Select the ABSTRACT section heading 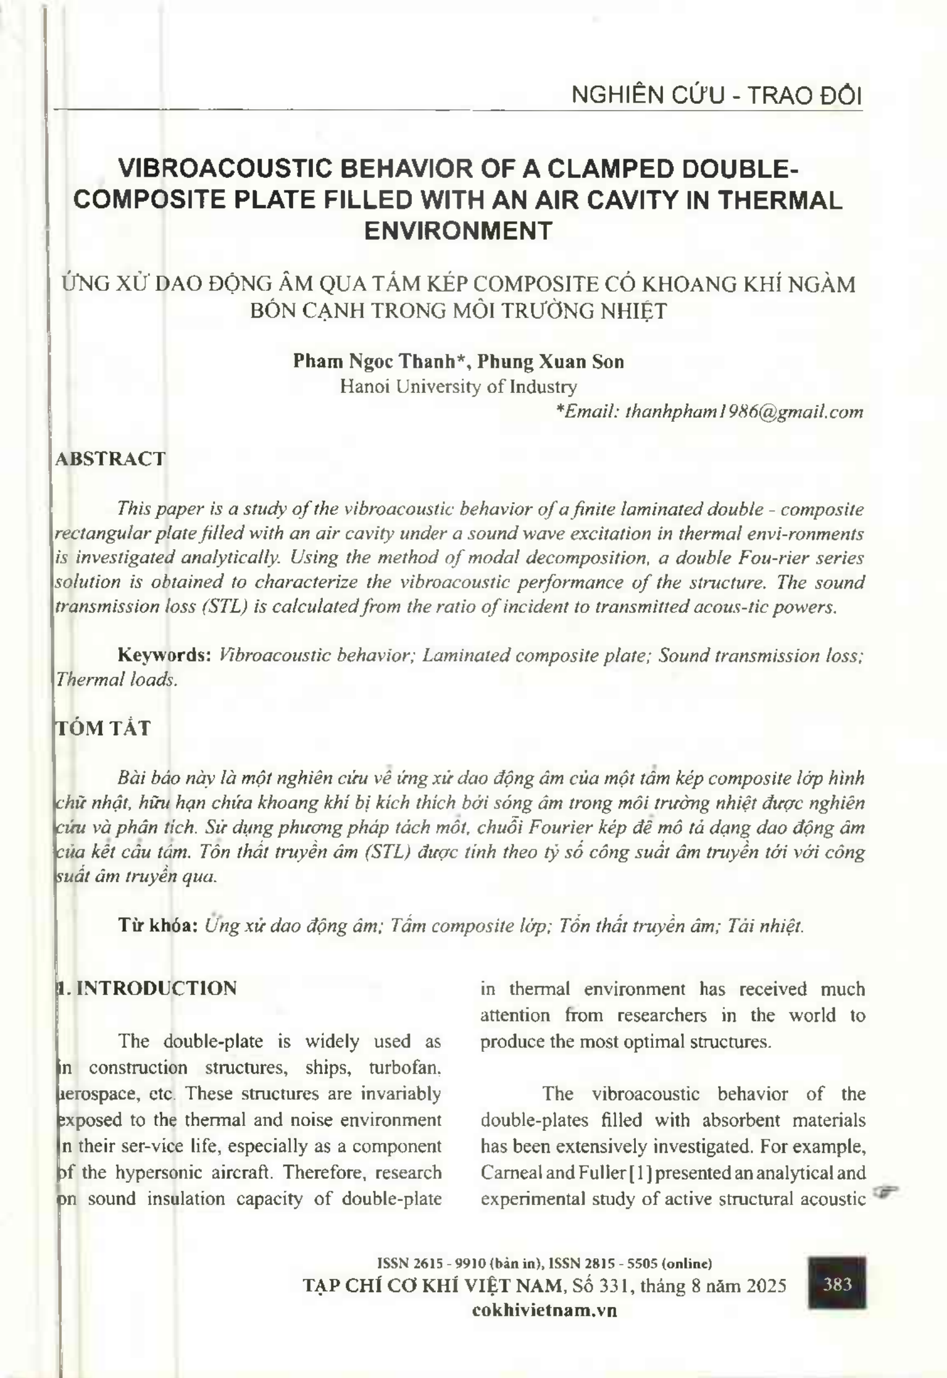tap(111, 459)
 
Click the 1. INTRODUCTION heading tap(146, 988)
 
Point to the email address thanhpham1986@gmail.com tap(744, 412)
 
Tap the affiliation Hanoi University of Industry tap(459, 387)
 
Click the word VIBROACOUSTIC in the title tap(229, 168)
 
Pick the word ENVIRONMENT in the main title tap(458, 231)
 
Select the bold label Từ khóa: tap(158, 926)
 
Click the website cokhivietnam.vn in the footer tap(544, 1310)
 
